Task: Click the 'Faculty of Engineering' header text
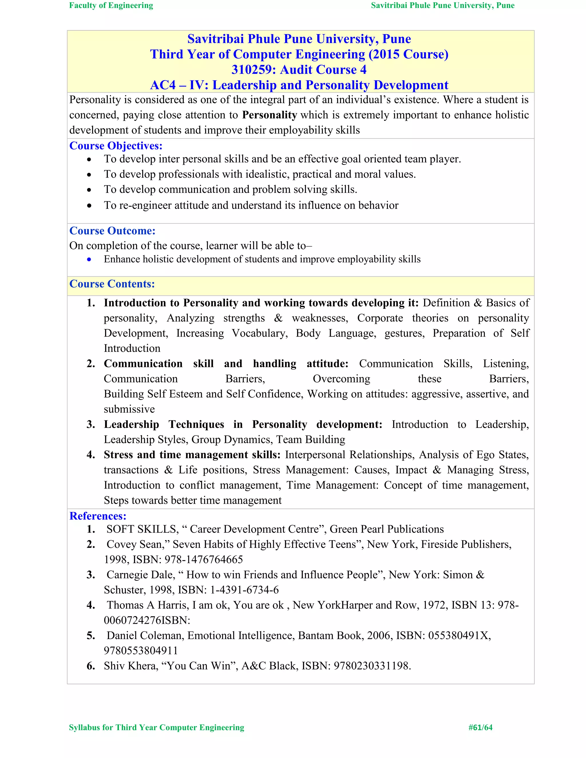111,5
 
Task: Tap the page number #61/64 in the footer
480,727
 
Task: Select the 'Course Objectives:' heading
116,146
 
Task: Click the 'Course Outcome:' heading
112,231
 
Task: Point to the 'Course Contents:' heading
112,284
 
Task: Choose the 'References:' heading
98,516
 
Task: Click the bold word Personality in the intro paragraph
269,115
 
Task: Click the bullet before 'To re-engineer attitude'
89,205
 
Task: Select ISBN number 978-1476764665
203,559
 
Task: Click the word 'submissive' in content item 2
129,409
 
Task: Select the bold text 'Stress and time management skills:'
192,455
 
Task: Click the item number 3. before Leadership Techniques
91,424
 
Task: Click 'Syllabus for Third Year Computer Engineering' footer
157,727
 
